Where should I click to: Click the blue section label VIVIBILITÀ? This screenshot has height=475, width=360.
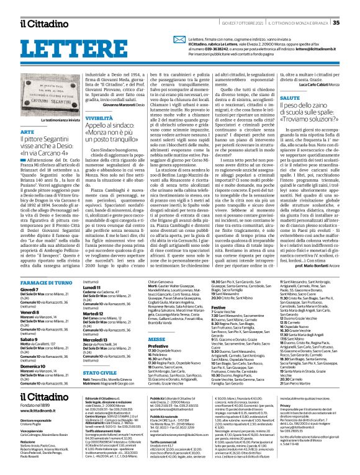click(83, 135)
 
